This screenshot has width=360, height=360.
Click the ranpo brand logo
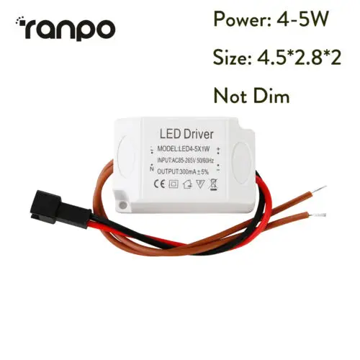click(x=66, y=28)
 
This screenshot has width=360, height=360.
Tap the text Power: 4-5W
click(x=271, y=19)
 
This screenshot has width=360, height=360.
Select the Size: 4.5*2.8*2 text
click(x=277, y=58)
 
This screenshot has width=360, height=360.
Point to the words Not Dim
click(x=251, y=96)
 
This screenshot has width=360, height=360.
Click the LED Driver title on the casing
click(x=186, y=134)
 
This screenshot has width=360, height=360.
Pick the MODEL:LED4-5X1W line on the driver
click(x=184, y=149)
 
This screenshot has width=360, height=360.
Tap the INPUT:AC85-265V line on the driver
click(x=185, y=160)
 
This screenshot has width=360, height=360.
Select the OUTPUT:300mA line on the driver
click(x=183, y=171)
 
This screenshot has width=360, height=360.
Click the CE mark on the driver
click(x=159, y=184)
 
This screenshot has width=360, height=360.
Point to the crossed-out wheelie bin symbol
click(x=214, y=185)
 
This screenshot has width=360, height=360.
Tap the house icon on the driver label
click(x=187, y=184)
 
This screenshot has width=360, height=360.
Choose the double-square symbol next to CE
click(x=174, y=184)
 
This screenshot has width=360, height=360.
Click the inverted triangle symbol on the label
click(x=200, y=184)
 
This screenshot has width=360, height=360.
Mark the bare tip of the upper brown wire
click(x=320, y=189)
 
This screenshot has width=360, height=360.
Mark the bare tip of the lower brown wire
click(x=320, y=216)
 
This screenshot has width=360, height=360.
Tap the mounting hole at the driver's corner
click(x=122, y=205)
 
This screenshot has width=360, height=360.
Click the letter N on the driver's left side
click(x=151, y=168)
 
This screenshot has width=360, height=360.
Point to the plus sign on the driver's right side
click(x=218, y=149)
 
